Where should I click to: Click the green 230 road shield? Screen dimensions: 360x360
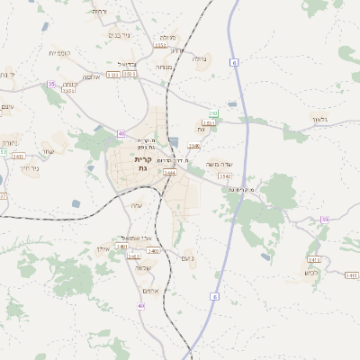click(x=213, y=113)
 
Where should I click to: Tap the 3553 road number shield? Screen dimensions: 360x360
click(x=160, y=44)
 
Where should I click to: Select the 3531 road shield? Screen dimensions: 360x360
click(x=209, y=122)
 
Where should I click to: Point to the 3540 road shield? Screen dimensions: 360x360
click(x=193, y=144)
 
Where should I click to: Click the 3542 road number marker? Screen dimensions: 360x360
click(x=211, y=175)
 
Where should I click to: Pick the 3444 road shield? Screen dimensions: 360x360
click(x=168, y=172)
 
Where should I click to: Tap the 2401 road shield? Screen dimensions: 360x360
click(x=18, y=157)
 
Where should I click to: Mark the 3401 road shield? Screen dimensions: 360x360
click(x=121, y=245)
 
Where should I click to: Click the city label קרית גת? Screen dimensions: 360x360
click(x=142, y=163)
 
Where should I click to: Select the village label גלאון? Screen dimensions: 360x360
click(x=321, y=119)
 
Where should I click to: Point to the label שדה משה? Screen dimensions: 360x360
click(x=220, y=164)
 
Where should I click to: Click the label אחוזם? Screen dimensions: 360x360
click(x=150, y=290)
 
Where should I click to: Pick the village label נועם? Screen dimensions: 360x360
click(x=187, y=258)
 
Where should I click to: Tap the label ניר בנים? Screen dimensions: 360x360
click(x=118, y=35)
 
